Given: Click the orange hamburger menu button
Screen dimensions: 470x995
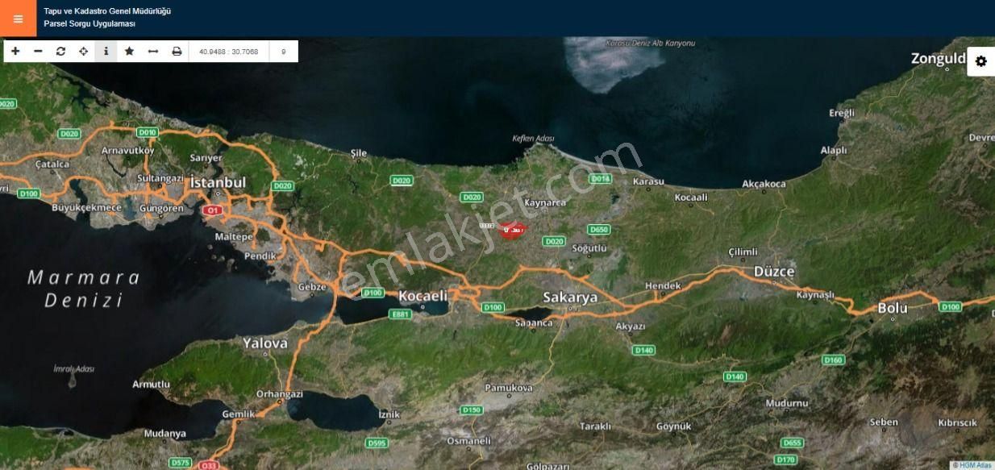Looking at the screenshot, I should pos(18,19).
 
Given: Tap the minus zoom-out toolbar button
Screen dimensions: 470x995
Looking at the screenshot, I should pos(38,51).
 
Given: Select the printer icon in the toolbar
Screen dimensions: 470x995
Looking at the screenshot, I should pos(177,51).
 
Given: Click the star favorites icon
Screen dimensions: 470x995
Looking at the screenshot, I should pos(129,51).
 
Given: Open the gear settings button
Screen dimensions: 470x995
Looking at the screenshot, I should pos(980,61).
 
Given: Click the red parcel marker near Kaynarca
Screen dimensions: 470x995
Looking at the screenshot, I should pos(512,230).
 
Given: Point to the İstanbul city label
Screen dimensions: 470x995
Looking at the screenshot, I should pos(218,183).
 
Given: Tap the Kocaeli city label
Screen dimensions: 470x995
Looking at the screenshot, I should pos(423,296).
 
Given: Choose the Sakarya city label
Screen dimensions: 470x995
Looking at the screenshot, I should pos(570,297).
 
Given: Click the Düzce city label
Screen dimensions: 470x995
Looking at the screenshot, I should pos(773,272).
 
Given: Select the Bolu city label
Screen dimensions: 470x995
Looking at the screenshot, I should pos(893,308).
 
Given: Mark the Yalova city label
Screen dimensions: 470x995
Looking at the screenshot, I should pos(264,343).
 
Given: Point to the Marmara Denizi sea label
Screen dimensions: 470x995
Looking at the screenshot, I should pos(84,289).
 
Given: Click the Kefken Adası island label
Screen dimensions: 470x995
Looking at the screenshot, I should pos(533,139).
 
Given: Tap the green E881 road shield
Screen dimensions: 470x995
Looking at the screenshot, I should pos(400,314).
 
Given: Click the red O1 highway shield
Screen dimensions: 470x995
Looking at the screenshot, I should pos(212,210).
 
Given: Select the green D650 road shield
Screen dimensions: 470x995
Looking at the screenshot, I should pos(598,230).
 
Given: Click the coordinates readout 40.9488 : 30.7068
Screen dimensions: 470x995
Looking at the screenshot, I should pos(228,52).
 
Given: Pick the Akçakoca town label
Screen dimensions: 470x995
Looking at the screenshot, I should pos(763,184).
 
